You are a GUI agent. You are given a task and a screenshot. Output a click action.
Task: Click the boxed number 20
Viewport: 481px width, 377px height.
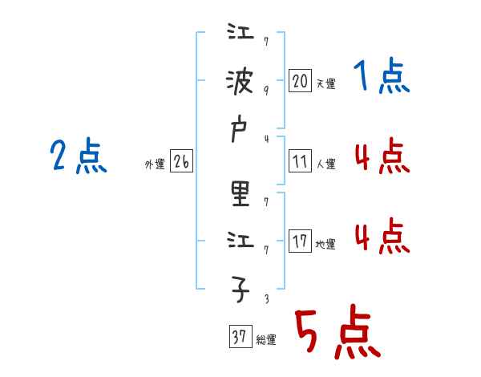(x=300, y=80)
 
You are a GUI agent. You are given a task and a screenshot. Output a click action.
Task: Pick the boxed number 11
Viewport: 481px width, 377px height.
(x=300, y=161)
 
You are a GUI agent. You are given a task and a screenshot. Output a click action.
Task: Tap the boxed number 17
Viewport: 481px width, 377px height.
(x=300, y=241)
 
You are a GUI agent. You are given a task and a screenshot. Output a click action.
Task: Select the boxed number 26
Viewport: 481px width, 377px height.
(x=181, y=161)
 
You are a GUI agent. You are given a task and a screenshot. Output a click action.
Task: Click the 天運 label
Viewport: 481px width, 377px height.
(x=325, y=83)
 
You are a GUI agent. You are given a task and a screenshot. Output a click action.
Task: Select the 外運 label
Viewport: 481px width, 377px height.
(x=154, y=164)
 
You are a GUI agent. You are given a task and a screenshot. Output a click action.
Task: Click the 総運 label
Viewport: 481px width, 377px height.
(x=265, y=340)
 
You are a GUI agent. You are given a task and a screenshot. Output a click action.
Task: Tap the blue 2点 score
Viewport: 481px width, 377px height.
(x=78, y=156)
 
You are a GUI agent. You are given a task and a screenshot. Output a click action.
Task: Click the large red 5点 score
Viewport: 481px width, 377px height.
(x=337, y=333)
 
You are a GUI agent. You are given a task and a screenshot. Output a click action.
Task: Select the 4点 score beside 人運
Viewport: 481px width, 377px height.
(x=382, y=157)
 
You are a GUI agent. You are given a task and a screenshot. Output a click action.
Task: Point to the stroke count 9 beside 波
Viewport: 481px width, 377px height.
(x=266, y=90)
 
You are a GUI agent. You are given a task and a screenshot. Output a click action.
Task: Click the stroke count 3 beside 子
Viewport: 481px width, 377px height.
(x=266, y=300)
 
